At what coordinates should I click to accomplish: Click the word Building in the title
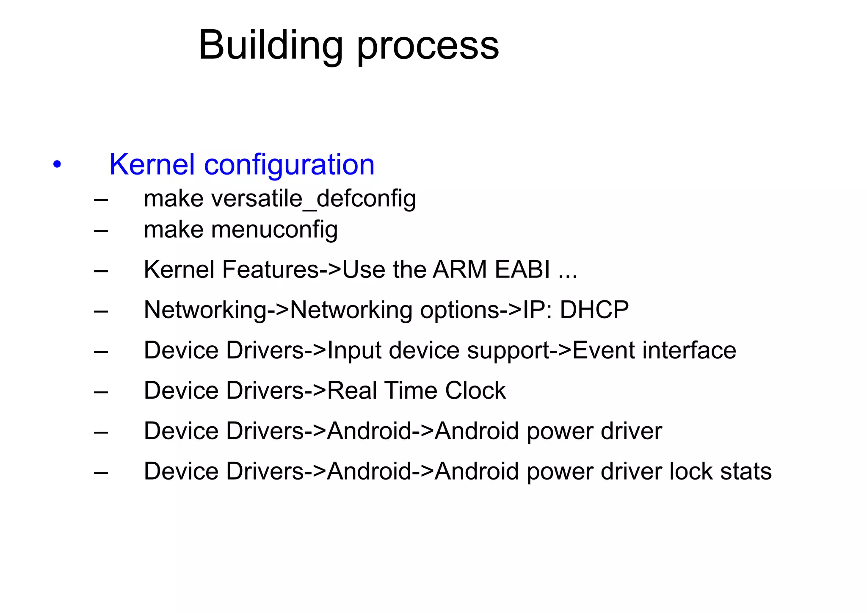(271, 46)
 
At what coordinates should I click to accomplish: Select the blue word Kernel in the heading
(152, 164)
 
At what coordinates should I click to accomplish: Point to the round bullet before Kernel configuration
(57, 164)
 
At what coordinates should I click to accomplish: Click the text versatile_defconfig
(313, 199)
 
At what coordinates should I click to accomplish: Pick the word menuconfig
(274, 230)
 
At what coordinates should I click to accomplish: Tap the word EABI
(522, 269)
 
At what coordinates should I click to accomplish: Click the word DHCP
(594, 310)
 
